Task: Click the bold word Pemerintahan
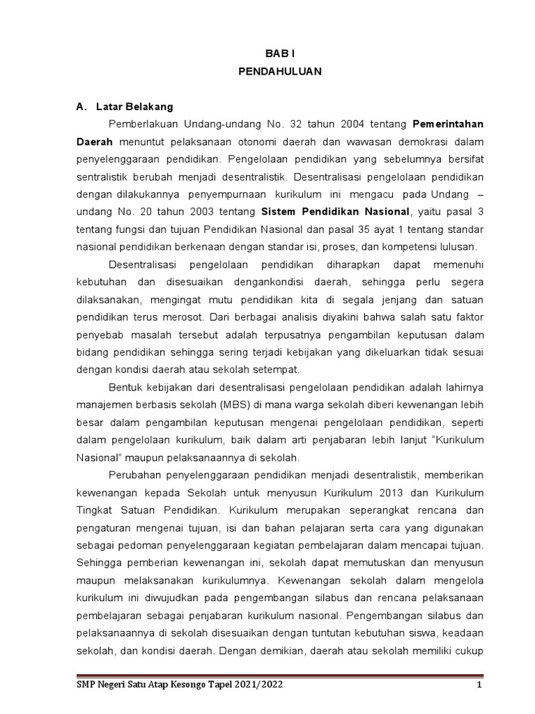click(449, 124)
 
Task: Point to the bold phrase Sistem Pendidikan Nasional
click(335, 212)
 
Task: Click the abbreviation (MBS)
click(237, 405)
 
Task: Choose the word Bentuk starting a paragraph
click(125, 388)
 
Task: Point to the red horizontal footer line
click(278, 675)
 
